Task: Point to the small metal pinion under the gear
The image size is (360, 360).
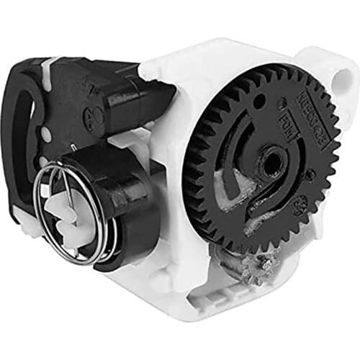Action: click(263, 268)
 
